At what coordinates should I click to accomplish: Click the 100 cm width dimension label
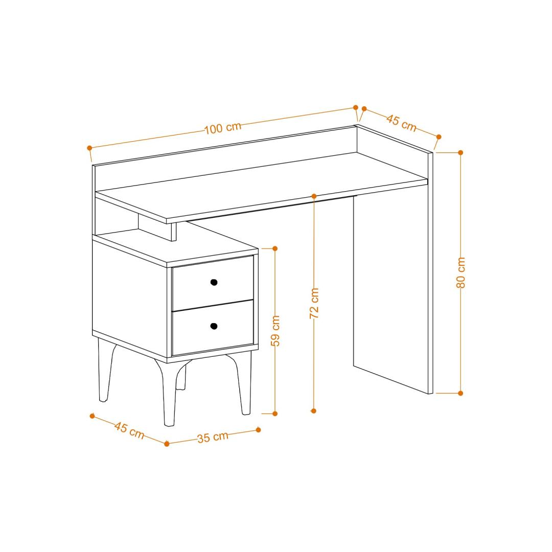(223, 128)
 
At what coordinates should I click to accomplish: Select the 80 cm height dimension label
(461, 272)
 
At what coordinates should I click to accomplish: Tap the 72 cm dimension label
(314, 303)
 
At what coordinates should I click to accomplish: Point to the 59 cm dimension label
(275, 331)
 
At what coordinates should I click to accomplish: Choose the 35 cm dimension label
(213, 437)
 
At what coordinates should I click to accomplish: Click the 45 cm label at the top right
(401, 122)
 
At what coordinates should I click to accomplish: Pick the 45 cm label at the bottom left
(129, 430)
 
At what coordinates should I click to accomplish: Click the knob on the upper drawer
(214, 282)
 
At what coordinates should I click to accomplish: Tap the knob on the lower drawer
(214, 326)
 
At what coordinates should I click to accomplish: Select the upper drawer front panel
(213, 283)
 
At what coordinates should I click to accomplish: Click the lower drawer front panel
(213, 328)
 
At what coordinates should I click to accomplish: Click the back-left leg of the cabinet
(105, 370)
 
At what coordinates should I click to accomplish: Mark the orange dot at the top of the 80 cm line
(461, 152)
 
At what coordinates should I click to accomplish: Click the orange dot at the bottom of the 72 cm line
(314, 411)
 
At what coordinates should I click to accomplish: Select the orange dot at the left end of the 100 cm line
(89, 148)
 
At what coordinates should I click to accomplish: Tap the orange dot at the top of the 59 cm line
(275, 248)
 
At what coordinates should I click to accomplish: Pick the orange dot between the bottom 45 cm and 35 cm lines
(167, 444)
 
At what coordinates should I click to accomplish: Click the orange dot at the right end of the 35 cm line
(259, 430)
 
